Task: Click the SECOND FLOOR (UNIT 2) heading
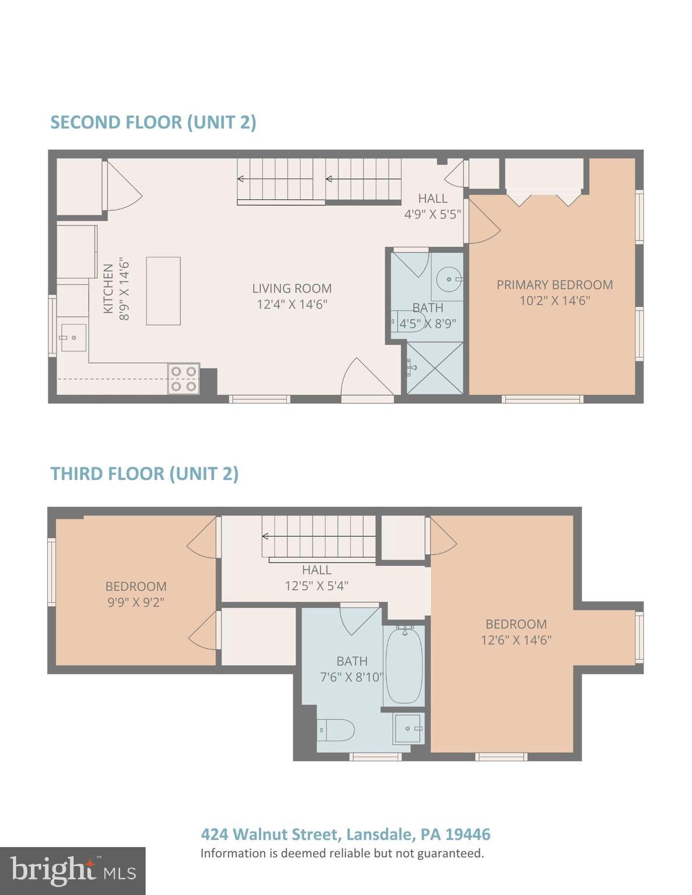[x=153, y=122]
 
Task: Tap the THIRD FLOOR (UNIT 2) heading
[x=144, y=474]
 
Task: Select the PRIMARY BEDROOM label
[x=554, y=284]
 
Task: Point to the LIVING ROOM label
[x=292, y=288]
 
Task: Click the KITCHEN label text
[x=108, y=288]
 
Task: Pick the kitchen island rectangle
[x=163, y=291]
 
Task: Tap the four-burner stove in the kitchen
[x=184, y=378]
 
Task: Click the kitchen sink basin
[x=73, y=338]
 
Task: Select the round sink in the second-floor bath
[x=448, y=279]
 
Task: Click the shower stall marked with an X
[x=435, y=367]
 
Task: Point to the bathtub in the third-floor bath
[x=404, y=666]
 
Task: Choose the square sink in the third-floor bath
[x=408, y=728]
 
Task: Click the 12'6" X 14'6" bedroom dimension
[x=516, y=640]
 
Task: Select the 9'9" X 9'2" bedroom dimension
[x=136, y=602]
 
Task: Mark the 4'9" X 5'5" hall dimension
[x=432, y=214]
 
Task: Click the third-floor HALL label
[x=317, y=570]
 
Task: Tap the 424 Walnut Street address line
[x=346, y=834]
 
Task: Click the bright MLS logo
[x=73, y=871]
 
